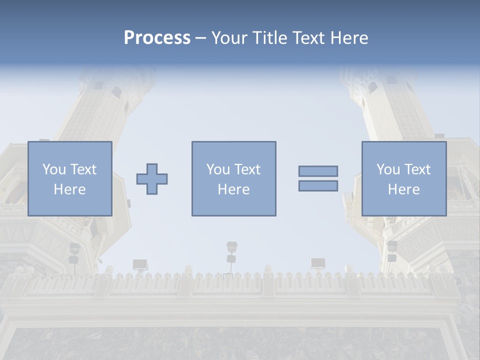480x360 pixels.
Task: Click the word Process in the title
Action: pyautogui.click(x=157, y=38)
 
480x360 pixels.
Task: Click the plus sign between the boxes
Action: pyautogui.click(x=152, y=178)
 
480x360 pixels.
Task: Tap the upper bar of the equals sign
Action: pyautogui.click(x=318, y=171)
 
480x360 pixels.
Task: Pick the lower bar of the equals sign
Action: pyautogui.click(x=318, y=185)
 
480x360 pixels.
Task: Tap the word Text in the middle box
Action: pyautogui.click(x=247, y=169)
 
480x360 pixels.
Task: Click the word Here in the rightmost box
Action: pyautogui.click(x=403, y=189)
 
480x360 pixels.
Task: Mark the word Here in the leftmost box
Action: pyautogui.click(x=69, y=189)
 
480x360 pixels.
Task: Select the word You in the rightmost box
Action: pyautogui.click(x=388, y=169)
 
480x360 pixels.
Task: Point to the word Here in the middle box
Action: pyautogui.click(x=233, y=189)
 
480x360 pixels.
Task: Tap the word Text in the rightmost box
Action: pyautogui.click(x=417, y=169)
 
